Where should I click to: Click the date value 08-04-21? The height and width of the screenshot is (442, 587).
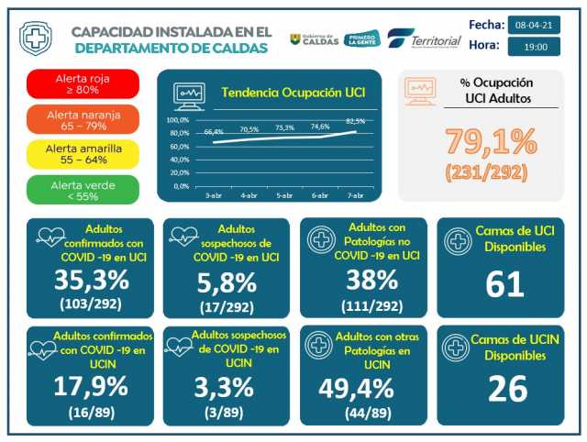pos(532,24)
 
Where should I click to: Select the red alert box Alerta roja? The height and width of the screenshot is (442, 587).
pos(83,84)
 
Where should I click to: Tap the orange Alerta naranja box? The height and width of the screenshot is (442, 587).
pos(83,119)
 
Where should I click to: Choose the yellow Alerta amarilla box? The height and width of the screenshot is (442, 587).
pos(83,153)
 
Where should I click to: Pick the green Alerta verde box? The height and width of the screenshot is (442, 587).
pos(83,188)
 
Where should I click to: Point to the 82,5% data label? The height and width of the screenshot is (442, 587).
pos(355,121)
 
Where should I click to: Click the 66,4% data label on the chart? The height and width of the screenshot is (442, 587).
pos(214,133)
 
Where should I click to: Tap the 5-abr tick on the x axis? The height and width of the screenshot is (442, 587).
pos(284,195)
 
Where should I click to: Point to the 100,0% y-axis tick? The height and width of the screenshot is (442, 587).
pos(177,120)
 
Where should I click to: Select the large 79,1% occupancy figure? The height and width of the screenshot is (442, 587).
pos(491,142)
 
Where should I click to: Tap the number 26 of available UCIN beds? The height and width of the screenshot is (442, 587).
pos(505,389)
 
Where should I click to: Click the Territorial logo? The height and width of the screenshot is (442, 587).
pos(424,40)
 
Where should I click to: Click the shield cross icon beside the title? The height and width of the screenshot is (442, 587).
pos(35,39)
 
